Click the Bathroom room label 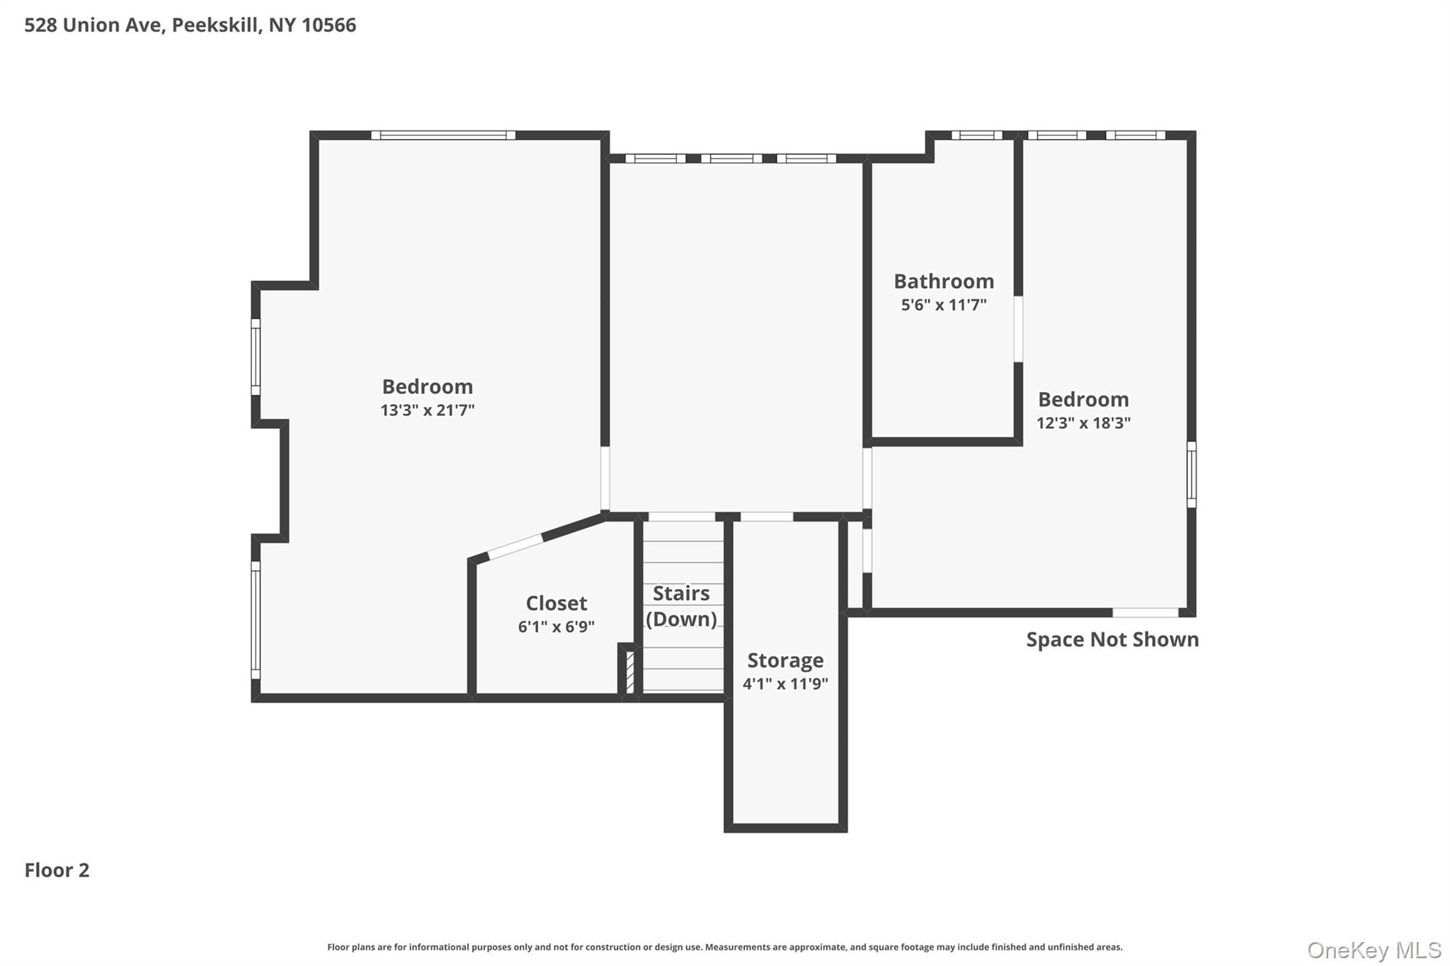[x=943, y=281]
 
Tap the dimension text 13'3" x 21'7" [x=427, y=410]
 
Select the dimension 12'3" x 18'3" [x=1083, y=422]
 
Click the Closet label [x=556, y=603]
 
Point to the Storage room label [x=785, y=660]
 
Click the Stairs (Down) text [x=681, y=606]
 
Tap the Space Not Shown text [x=1112, y=639]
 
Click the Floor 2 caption [x=57, y=870]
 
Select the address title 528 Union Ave [x=190, y=25]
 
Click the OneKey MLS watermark [x=1374, y=949]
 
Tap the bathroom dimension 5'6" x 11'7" [x=943, y=305]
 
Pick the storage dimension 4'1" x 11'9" [x=785, y=684]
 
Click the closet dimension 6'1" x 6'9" [x=556, y=626]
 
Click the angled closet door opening [x=515, y=546]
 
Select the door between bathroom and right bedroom [x=1018, y=329]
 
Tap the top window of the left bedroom [x=443, y=135]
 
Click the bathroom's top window [x=976, y=135]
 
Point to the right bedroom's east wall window [x=1192, y=474]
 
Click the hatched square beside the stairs [x=629, y=671]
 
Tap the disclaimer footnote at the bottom [x=724, y=947]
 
